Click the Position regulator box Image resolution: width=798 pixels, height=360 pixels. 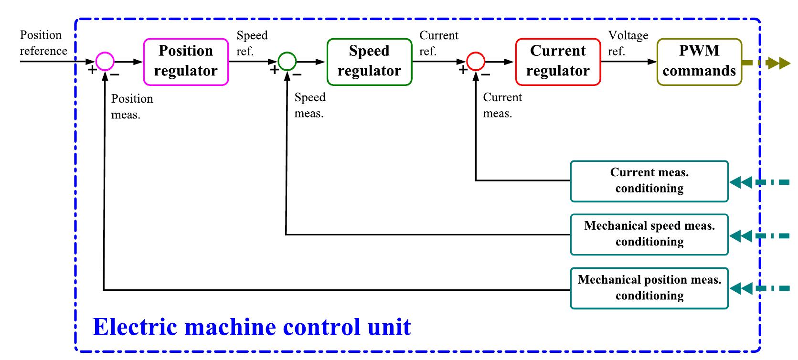pyautogui.click(x=186, y=62)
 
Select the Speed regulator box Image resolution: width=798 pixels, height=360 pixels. pyautogui.click(x=369, y=62)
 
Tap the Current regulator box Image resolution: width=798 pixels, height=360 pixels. pyautogui.click(x=558, y=62)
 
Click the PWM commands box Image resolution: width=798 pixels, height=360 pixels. pyautogui.click(x=699, y=62)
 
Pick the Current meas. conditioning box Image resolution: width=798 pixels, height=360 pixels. pyautogui.click(x=649, y=181)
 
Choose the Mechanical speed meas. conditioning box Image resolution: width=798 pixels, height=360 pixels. pyautogui.click(x=649, y=234)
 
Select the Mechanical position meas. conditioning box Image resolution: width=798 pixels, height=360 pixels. pyautogui.click(x=649, y=288)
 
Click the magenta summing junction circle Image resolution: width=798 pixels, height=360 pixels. pyautogui.click(x=105, y=61)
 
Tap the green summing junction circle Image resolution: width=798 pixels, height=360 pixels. pyautogui.click(x=287, y=61)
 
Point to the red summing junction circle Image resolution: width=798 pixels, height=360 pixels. pyautogui.click(x=476, y=61)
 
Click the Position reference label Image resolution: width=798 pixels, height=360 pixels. pyautogui.click(x=43, y=43)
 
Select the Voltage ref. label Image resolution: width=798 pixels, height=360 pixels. pyautogui.click(x=628, y=43)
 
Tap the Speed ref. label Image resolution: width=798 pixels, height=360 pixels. pyautogui.click(x=252, y=43)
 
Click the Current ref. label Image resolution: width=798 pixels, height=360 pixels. pyautogui.click(x=438, y=43)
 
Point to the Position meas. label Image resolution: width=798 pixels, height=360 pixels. pyautogui.click(x=132, y=106)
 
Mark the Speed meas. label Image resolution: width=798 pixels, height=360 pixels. pyautogui.click(x=309, y=105)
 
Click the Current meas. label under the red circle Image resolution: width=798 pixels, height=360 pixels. pyautogui.click(x=502, y=105)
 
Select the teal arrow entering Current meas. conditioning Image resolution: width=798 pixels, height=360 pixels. pyautogui.click(x=759, y=182)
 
